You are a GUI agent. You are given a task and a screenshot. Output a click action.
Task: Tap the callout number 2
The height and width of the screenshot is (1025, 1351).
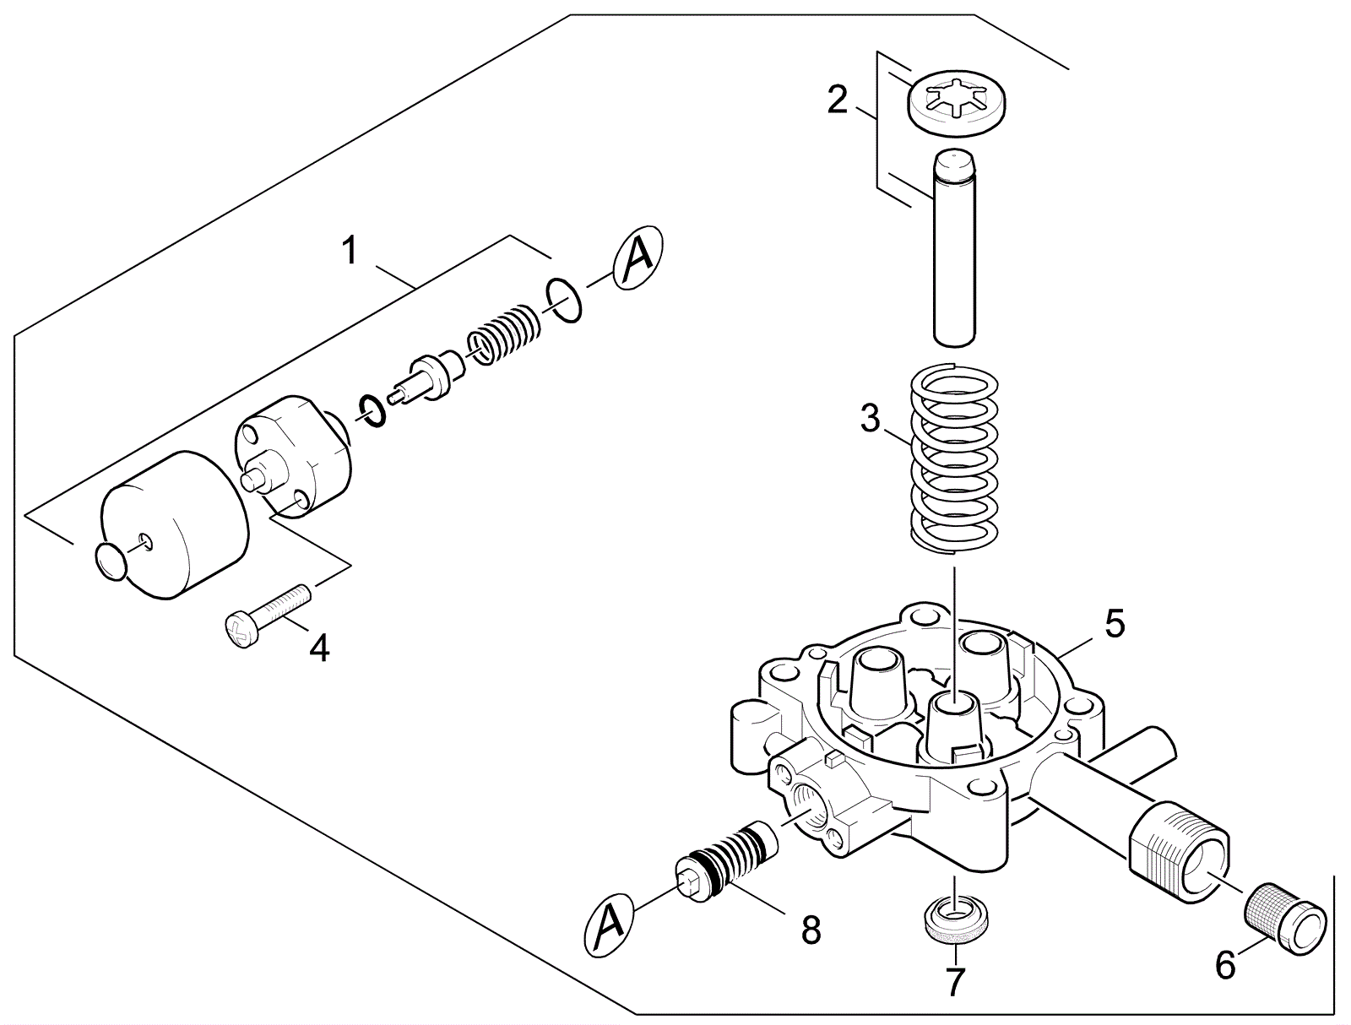pos(837,100)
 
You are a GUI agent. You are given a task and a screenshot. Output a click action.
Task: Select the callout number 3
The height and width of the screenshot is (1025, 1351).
pos(871,418)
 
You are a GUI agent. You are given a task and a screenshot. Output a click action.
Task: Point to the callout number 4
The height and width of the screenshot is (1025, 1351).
pos(319,648)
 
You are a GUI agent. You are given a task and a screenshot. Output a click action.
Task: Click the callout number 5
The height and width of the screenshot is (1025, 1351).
pos(1115,624)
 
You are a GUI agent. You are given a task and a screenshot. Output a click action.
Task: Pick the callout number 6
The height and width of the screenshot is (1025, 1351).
pos(1225,964)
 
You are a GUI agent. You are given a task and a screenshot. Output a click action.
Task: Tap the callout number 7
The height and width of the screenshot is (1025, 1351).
pos(955,983)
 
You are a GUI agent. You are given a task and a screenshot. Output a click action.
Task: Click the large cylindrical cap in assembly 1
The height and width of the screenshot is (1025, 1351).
pos(173,525)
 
